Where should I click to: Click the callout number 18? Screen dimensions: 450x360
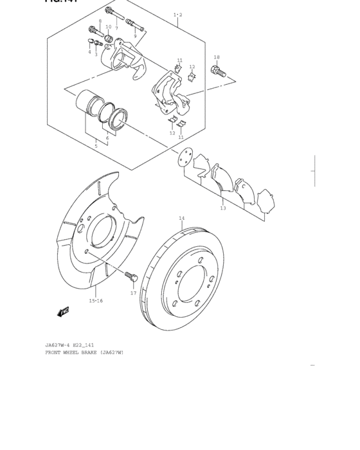tap(217, 57)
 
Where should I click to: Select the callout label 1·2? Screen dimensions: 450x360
tap(177, 14)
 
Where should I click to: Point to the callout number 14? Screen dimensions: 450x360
tap(181, 219)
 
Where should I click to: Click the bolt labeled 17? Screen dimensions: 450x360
tap(132, 277)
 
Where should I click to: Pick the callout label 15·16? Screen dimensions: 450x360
tap(96, 300)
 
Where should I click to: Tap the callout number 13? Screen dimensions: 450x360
tap(222, 208)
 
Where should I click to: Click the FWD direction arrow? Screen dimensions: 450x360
tap(63, 312)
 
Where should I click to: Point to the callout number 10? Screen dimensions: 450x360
tap(109, 27)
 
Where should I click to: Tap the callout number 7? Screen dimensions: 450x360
tap(116, 28)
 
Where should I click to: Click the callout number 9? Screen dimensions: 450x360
tap(135, 36)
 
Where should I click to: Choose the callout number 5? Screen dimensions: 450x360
tap(96, 146)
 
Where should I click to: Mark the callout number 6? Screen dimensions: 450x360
tap(107, 138)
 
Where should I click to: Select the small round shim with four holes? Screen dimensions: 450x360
tap(184, 157)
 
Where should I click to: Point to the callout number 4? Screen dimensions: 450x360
tap(89, 52)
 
